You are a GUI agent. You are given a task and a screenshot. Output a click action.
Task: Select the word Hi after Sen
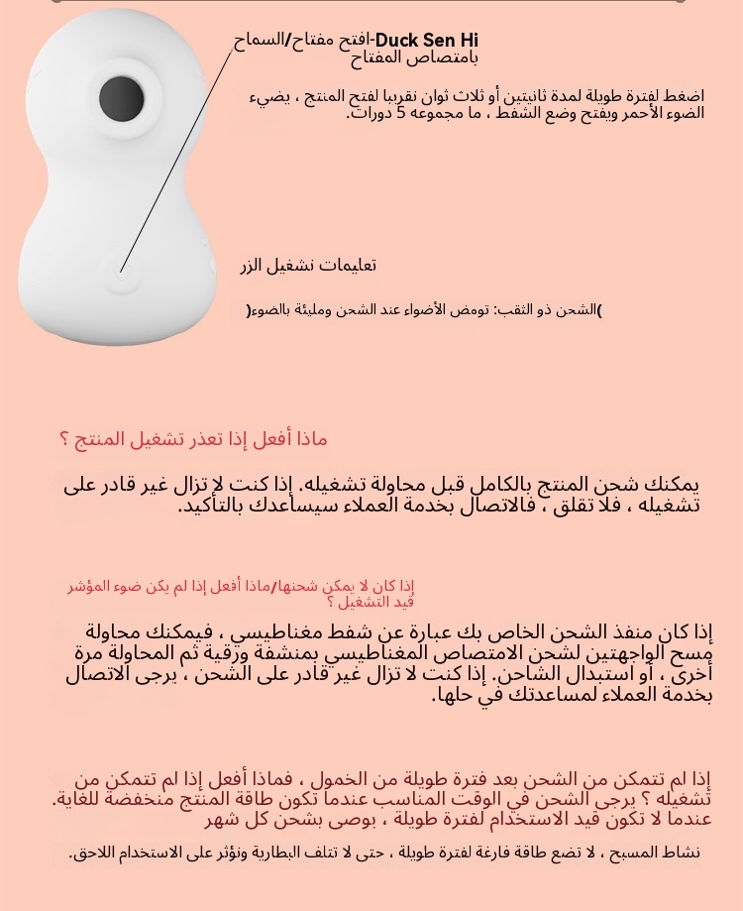[x=467, y=41]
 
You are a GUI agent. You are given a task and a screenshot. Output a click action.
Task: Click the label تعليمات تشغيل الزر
[x=308, y=267]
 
